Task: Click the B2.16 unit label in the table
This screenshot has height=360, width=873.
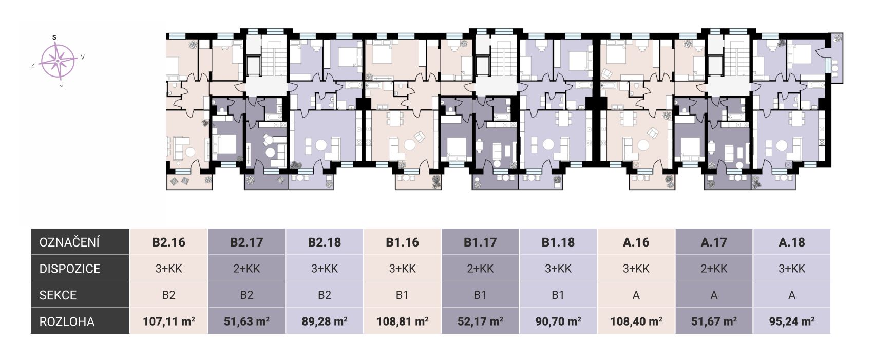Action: coord(168,242)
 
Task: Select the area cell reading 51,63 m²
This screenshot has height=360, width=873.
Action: coord(246,321)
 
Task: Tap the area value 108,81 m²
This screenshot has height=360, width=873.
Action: coord(402,321)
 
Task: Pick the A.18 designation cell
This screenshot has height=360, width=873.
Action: coord(791,242)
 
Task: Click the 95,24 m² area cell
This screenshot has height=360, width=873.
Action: coord(791,321)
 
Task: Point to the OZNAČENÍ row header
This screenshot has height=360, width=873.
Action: coord(69,242)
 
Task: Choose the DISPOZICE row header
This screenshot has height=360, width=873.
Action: coord(70,269)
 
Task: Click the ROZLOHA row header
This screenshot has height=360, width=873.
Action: coord(67,321)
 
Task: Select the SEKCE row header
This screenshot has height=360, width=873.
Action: coord(58,295)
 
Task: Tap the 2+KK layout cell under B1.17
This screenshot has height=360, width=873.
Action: coord(480,269)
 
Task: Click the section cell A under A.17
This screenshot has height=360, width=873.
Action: coord(714,295)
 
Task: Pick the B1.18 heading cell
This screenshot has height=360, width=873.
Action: coord(558,242)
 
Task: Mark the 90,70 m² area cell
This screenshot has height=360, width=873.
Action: coord(558,321)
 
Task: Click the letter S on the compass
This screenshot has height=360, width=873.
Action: coord(54,37)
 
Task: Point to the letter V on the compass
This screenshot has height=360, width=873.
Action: coord(83,57)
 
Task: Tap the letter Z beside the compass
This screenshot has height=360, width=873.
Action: coord(33,65)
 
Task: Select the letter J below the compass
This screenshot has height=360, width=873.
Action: coord(62,84)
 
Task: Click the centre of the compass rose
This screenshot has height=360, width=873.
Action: coord(58,61)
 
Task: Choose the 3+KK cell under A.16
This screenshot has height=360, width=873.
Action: coord(636,269)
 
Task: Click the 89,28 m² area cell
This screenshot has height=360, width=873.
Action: coord(324,321)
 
